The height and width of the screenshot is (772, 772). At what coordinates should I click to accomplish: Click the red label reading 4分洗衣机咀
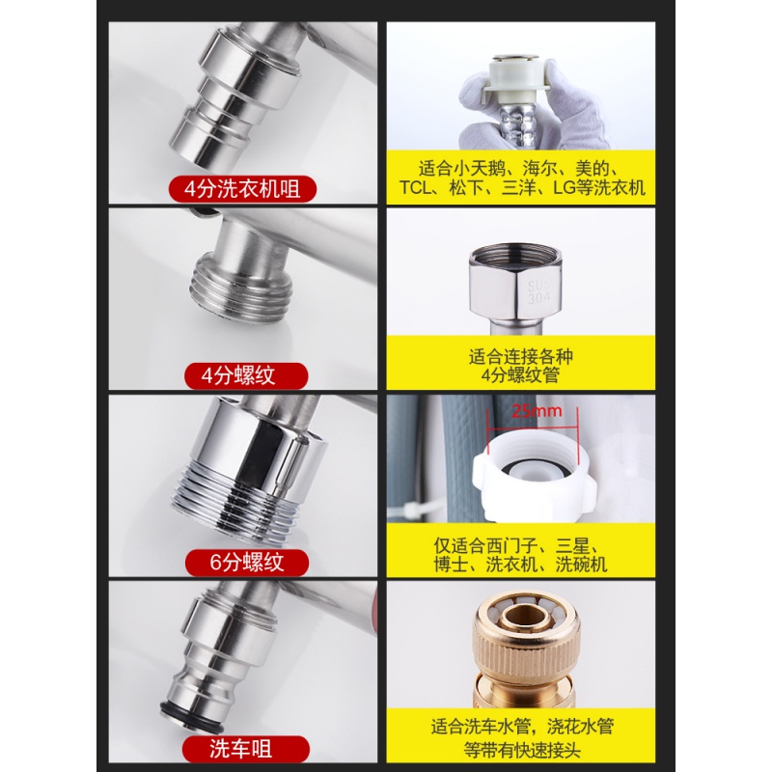point(242,188)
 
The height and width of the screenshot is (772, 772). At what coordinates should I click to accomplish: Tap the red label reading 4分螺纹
point(246,375)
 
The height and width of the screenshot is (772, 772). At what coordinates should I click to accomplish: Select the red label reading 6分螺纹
point(247,563)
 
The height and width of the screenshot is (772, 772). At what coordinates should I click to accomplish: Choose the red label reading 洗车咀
point(246,749)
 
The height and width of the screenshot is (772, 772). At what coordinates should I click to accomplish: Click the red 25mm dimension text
point(537,411)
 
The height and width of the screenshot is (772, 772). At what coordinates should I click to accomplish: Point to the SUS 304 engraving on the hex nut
point(538,292)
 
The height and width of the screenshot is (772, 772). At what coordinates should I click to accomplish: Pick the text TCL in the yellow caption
point(416,187)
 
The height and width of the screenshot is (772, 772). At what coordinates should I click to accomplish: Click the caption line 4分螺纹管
point(520,375)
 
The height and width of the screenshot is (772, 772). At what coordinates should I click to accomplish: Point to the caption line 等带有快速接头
point(522,750)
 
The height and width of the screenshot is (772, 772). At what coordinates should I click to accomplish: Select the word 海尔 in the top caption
point(539,169)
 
